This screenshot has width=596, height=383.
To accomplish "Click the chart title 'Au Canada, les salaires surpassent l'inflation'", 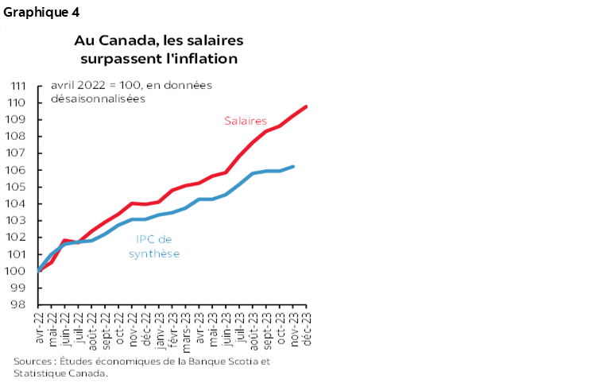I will point(159,49).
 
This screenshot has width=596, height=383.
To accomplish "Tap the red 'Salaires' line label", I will point(245,121).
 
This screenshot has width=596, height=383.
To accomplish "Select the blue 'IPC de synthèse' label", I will point(153,246).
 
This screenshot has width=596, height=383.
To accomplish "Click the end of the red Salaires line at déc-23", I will point(307,106).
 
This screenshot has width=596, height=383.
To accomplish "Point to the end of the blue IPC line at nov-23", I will point(293,167).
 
